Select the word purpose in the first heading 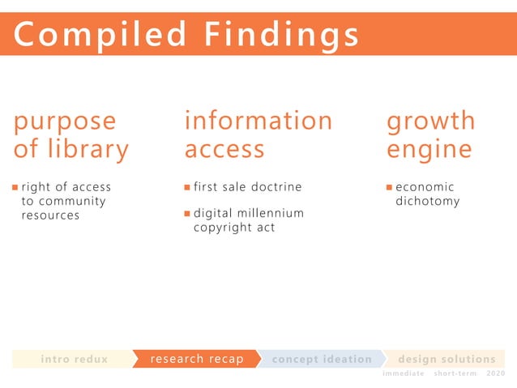tap(65, 122)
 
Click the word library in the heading tap(89, 150)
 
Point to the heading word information tap(258, 121)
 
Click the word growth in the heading tap(430, 122)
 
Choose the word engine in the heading tap(429, 150)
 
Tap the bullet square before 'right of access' tap(15, 187)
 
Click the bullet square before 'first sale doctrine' tap(187, 187)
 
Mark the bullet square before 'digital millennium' tap(187, 214)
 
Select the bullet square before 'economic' tap(389, 187)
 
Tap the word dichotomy tap(427, 202)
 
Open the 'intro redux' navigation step tap(74, 359)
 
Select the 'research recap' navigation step tap(197, 359)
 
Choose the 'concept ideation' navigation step tap(322, 359)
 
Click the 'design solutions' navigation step tap(446, 359)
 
